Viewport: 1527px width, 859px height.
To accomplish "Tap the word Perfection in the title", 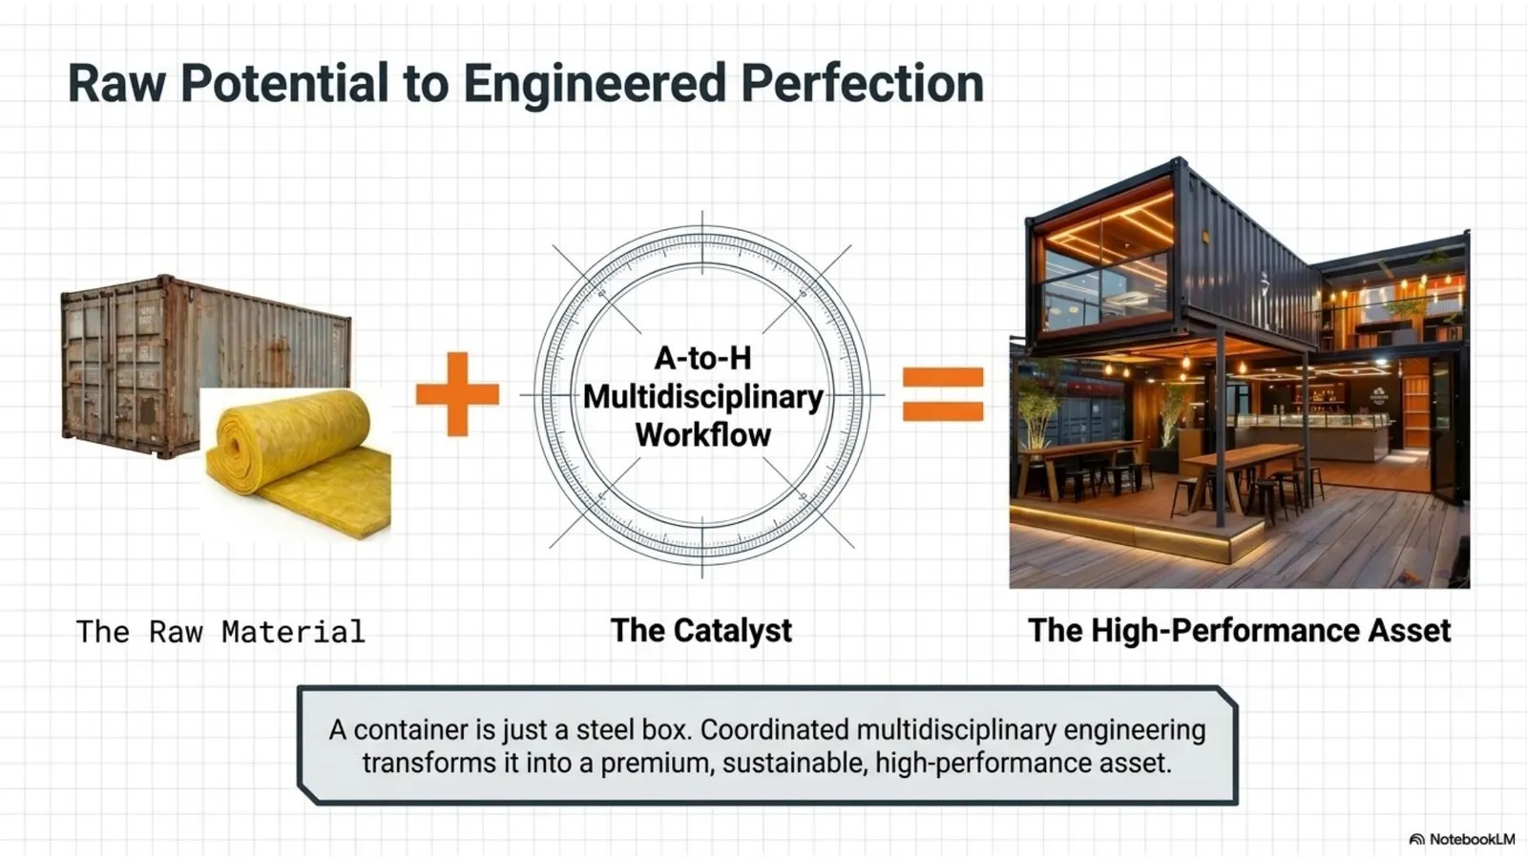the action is tap(863, 83).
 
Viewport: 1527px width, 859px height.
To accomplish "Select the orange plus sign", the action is tap(457, 394).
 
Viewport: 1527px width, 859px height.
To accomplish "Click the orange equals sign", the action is tap(943, 394).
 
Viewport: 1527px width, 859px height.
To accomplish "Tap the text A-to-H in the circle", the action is tap(702, 358).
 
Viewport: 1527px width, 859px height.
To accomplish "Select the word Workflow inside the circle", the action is tap(702, 434).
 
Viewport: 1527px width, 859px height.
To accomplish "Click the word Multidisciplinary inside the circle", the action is tap(702, 397).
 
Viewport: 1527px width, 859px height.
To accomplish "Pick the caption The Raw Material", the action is tap(220, 631).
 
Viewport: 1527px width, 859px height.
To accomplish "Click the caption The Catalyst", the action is tap(701, 630).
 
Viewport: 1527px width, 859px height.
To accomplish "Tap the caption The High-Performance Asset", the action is tap(1240, 630).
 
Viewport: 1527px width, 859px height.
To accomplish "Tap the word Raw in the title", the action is tap(116, 84).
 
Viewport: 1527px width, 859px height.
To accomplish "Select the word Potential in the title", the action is tap(284, 83).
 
